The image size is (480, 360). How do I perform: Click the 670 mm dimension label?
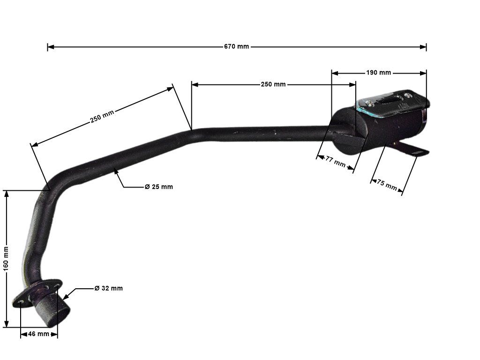pyautogui.click(x=236, y=46)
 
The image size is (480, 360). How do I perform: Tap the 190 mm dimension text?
pyautogui.click(x=378, y=73)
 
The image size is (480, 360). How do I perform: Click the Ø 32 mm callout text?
pyautogui.click(x=108, y=288)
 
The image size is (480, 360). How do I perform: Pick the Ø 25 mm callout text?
pyautogui.click(x=158, y=187)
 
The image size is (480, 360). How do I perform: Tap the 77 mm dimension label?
pyautogui.click(x=335, y=162)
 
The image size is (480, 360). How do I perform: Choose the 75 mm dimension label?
pyautogui.click(x=387, y=184)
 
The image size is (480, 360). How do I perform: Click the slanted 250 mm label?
pyautogui.click(x=102, y=116)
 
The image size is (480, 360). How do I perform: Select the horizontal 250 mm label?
pyautogui.click(x=273, y=84)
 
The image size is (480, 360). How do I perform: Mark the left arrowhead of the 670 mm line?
pyautogui.click(x=50, y=47)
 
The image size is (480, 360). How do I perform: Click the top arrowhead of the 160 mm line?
pyautogui.click(x=7, y=193)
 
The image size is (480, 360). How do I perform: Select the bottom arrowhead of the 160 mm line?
pyautogui.click(x=7, y=324)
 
